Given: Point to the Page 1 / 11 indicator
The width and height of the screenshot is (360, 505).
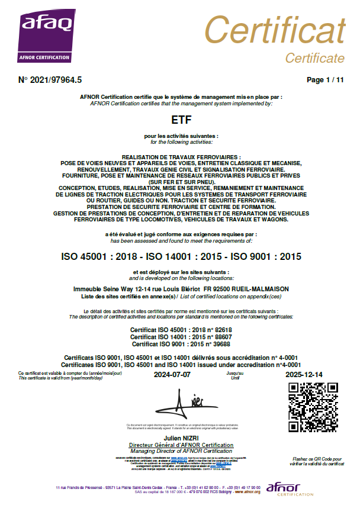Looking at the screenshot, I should [x=325, y=79].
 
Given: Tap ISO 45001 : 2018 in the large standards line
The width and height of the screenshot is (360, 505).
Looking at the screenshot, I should [x=99, y=257].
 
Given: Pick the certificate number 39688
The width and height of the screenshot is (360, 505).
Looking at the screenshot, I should [x=218, y=343].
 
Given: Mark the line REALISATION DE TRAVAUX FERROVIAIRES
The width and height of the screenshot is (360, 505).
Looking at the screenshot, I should [x=180, y=156].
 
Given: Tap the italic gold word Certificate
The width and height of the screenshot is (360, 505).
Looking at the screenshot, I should [x=314, y=58].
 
